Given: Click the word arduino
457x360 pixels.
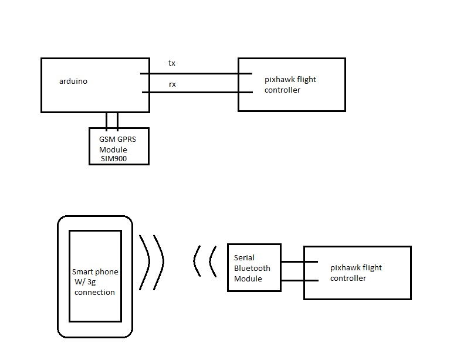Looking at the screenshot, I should [x=73, y=81].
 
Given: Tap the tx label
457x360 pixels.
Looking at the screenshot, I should [x=171, y=63].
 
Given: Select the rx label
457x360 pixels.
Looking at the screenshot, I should [x=172, y=84].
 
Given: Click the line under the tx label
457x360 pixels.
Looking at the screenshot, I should [x=194, y=74].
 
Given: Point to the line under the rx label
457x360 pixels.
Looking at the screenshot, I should [x=194, y=92].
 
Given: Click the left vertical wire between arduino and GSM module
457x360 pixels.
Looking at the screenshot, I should [x=106, y=120].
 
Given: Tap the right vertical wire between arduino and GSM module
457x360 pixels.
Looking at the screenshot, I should [x=118, y=120].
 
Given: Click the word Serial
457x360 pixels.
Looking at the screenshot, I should [x=244, y=257].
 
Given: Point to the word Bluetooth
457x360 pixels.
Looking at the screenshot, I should [x=252, y=268].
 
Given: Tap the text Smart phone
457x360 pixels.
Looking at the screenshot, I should [x=94, y=272].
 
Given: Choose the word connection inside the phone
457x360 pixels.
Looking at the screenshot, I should [x=94, y=292].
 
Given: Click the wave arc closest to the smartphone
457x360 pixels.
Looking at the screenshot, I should [x=143, y=262].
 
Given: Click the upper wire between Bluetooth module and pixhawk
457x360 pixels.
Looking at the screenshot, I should [x=299, y=261].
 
